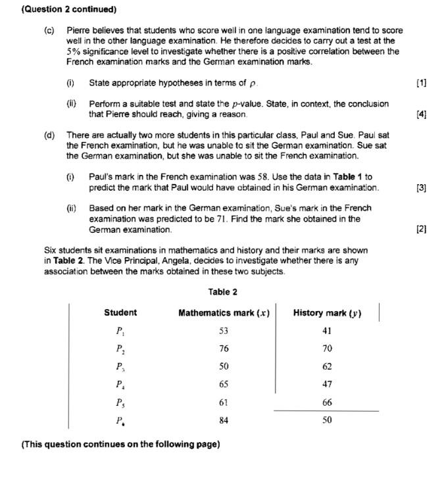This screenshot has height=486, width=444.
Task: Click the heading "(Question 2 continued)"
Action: tap(60, 9)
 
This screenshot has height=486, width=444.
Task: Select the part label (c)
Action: tap(49, 30)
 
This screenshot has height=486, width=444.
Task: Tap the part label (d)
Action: tap(49, 135)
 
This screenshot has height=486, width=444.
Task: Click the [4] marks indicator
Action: tap(422, 114)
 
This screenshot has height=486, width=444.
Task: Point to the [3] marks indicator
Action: tap(422, 187)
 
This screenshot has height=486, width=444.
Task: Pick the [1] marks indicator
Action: tap(422, 83)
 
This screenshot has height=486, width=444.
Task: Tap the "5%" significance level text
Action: tap(74, 51)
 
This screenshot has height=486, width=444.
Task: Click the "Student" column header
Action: tap(120, 312)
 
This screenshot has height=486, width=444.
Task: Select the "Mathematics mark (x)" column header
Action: tap(224, 313)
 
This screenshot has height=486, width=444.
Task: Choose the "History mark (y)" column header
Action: tap(327, 313)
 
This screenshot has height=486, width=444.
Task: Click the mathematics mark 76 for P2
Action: tap(224, 349)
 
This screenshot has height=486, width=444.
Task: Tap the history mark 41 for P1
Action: tap(327, 331)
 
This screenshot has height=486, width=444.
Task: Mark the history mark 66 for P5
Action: tap(327, 402)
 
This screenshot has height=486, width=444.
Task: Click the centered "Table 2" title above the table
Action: tap(222, 292)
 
